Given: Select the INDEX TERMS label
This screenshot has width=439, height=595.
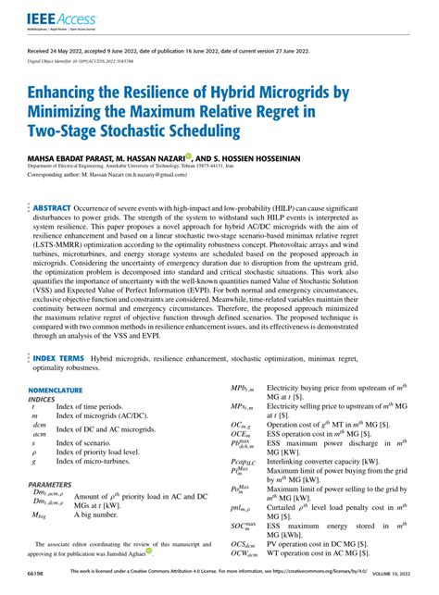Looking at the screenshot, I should coord(59,330).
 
